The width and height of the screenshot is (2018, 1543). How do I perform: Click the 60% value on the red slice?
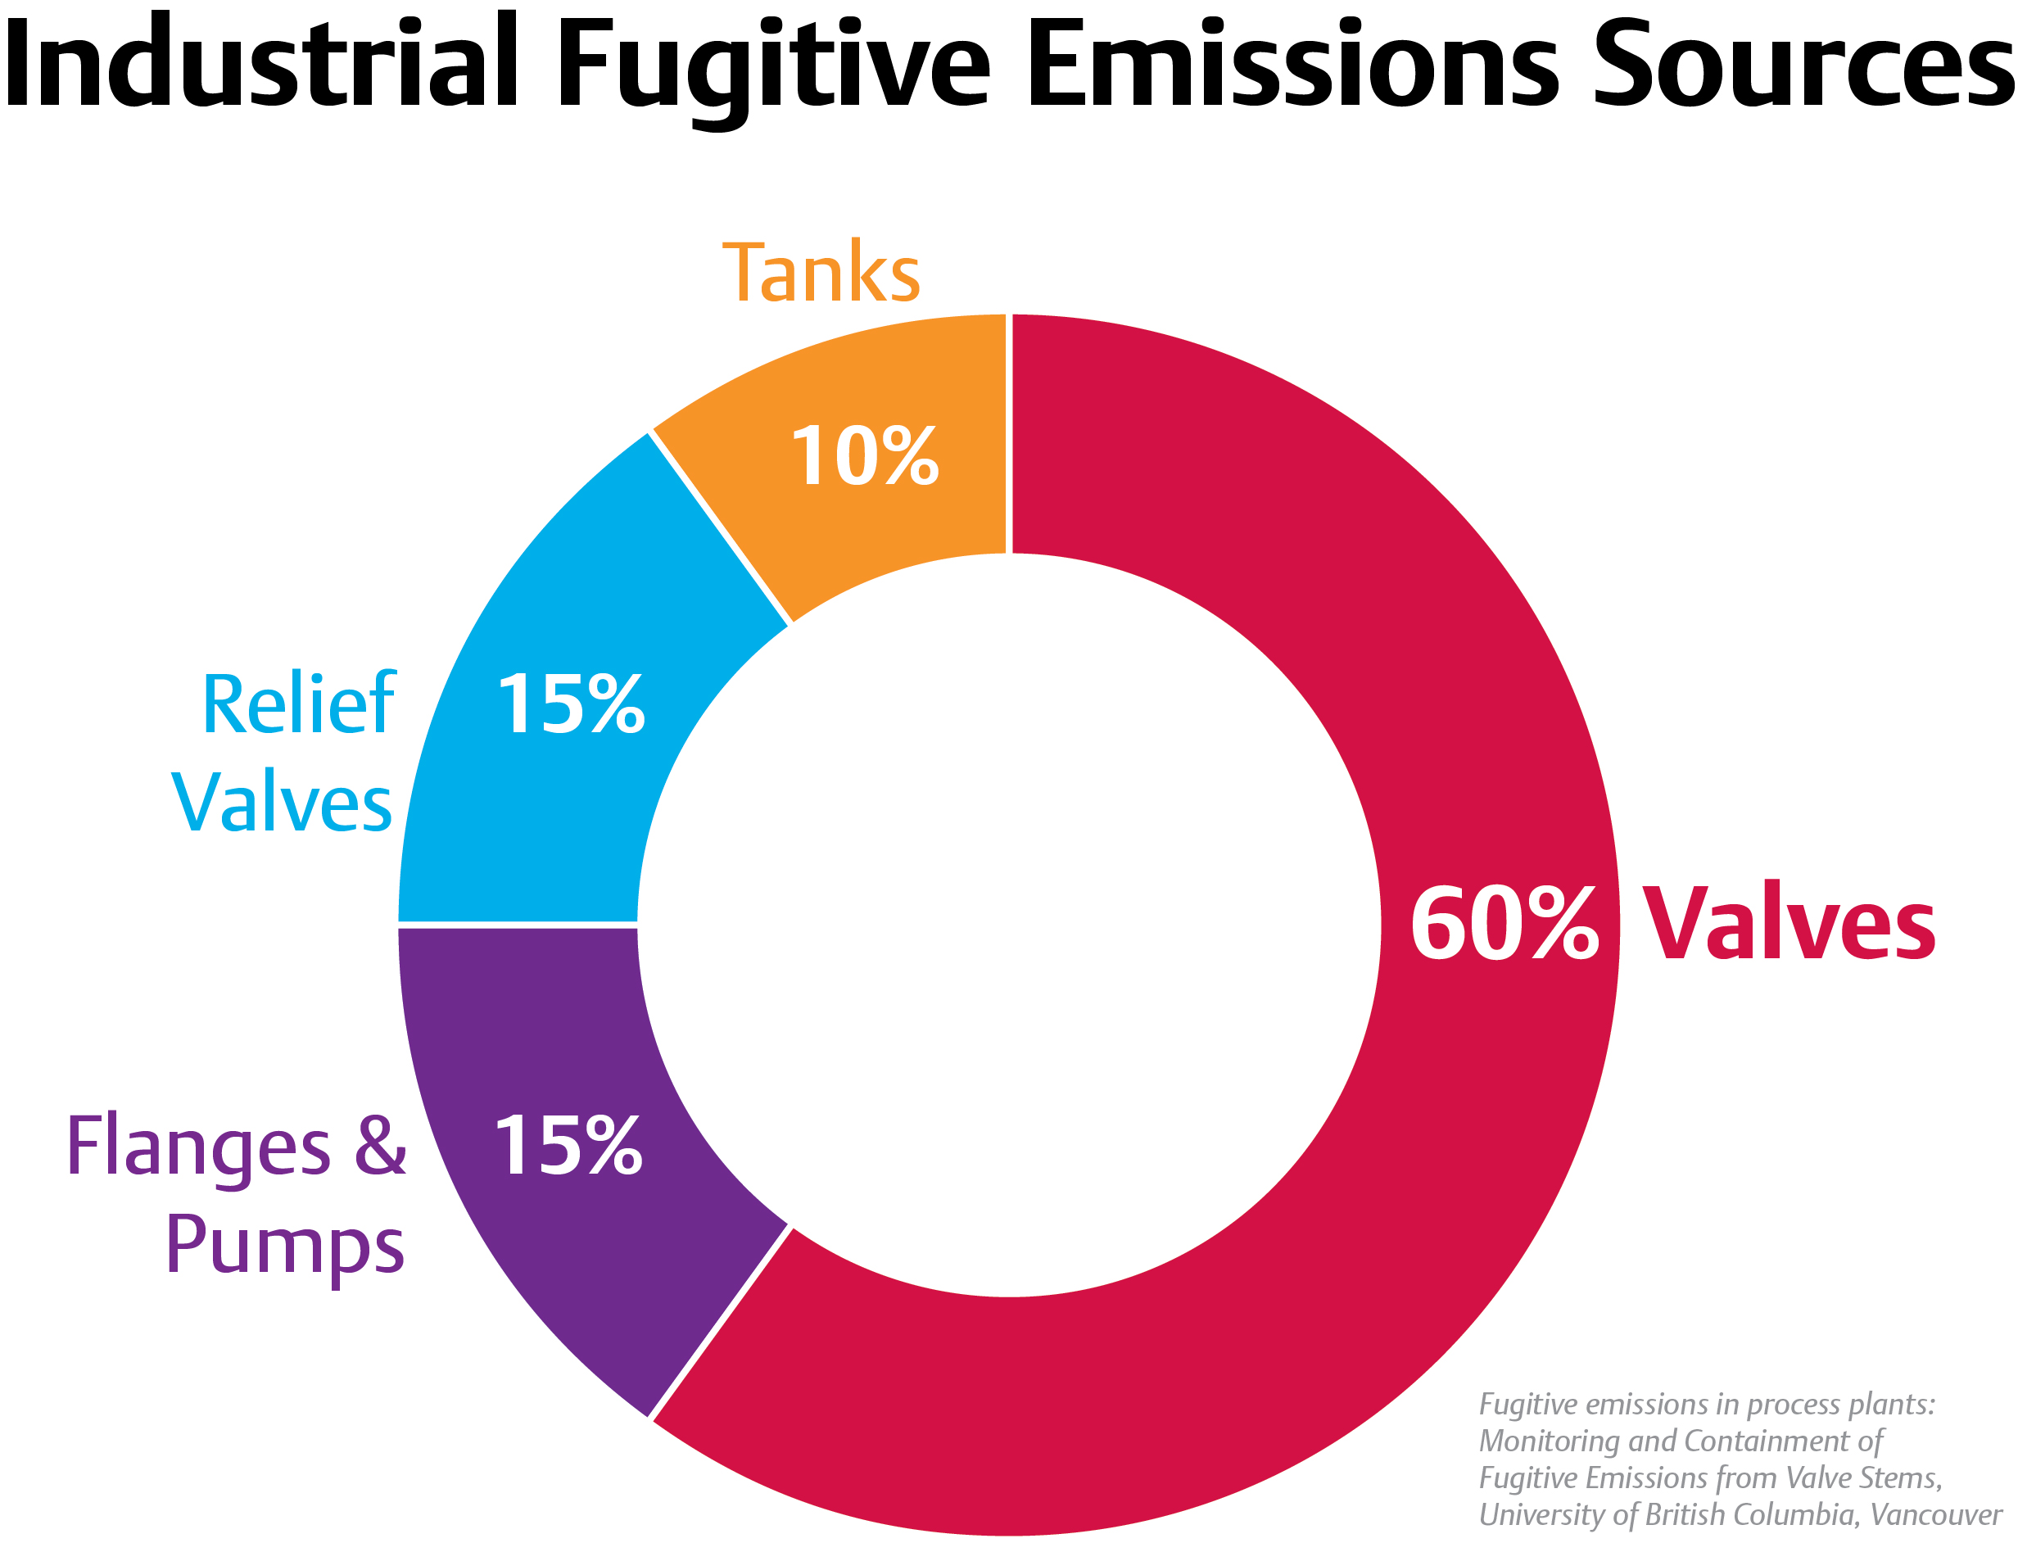[x=1504, y=925]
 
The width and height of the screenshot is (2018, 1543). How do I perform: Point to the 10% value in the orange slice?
[x=863, y=456]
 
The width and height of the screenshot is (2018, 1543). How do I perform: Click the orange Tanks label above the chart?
[x=821, y=273]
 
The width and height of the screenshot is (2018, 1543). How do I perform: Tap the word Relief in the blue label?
[x=297, y=704]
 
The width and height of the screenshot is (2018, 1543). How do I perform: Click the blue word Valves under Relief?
[x=282, y=803]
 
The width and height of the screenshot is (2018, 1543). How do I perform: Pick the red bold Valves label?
[x=1789, y=925]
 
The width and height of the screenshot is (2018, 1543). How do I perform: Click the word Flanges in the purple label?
[x=198, y=1148]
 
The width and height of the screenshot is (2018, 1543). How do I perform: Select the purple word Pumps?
[x=285, y=1247]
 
